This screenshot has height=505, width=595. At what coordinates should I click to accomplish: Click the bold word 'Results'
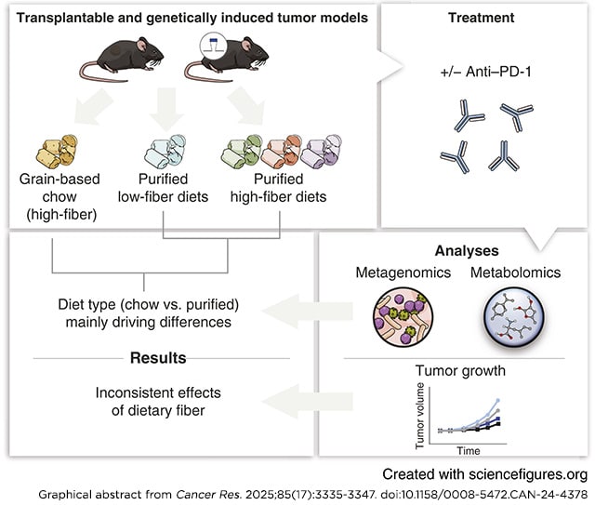tap(157, 357)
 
